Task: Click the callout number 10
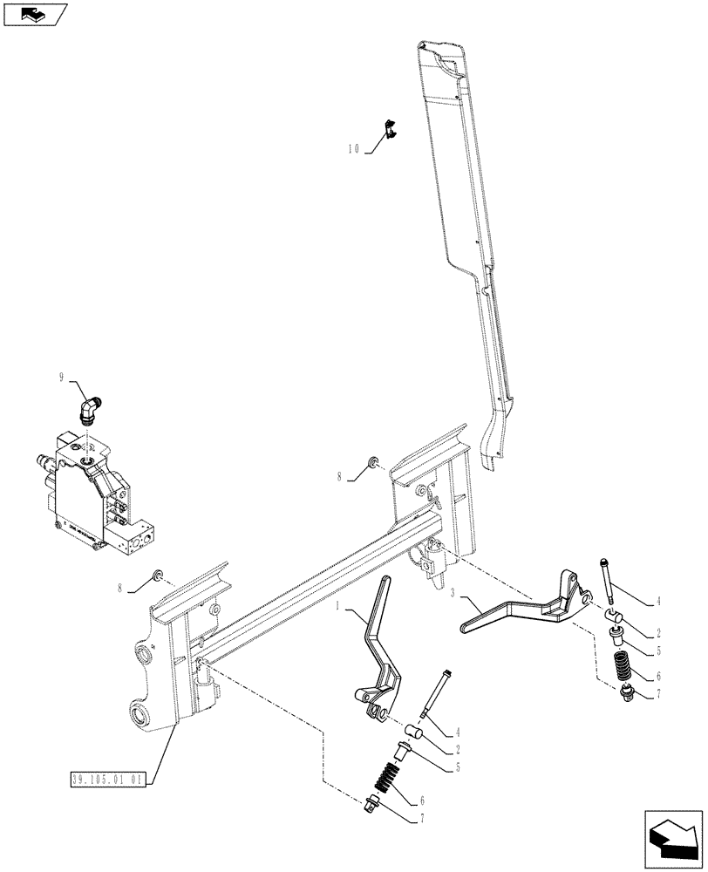click(x=353, y=149)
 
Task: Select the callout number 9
click(x=62, y=377)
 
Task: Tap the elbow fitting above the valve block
click(x=91, y=407)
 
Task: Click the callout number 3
click(x=453, y=593)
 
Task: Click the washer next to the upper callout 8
click(x=374, y=460)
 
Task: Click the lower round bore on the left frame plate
click(x=140, y=717)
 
